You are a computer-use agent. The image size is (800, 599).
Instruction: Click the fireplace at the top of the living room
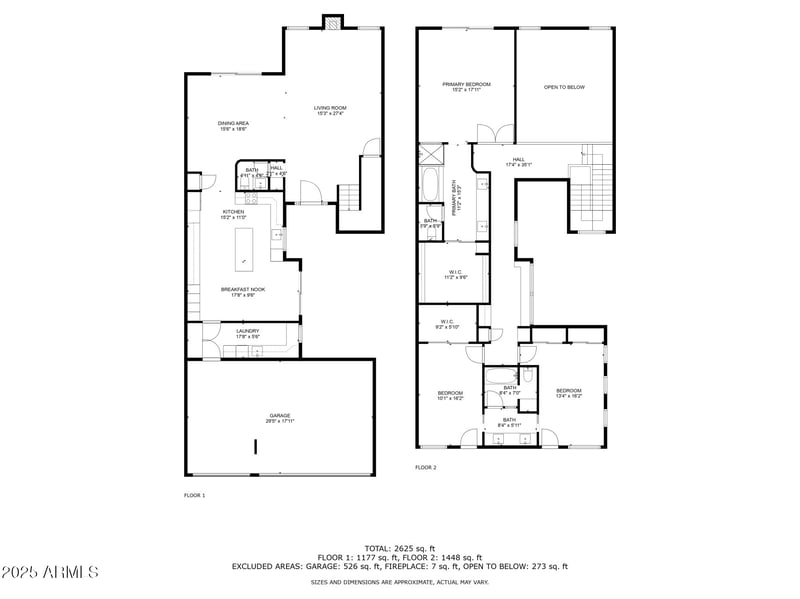tap(332, 22)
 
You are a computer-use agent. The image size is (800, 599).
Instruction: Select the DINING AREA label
tap(233, 125)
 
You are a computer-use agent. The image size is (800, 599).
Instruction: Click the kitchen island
tap(244, 248)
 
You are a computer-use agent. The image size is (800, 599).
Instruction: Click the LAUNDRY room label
tap(248, 333)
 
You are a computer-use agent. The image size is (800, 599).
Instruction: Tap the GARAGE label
tap(280, 418)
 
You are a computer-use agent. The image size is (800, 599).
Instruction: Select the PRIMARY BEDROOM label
tap(466, 87)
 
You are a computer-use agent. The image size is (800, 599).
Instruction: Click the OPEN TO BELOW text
tap(564, 87)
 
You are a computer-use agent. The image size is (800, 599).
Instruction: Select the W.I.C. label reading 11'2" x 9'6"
tap(454, 274)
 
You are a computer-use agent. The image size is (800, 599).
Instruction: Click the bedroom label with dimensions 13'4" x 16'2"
tap(568, 392)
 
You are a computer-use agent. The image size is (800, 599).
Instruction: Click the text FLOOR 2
tap(426, 467)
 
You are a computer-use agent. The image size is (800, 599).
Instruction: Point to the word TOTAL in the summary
tap(377, 548)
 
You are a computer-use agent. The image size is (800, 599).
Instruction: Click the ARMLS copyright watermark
tap(50, 573)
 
